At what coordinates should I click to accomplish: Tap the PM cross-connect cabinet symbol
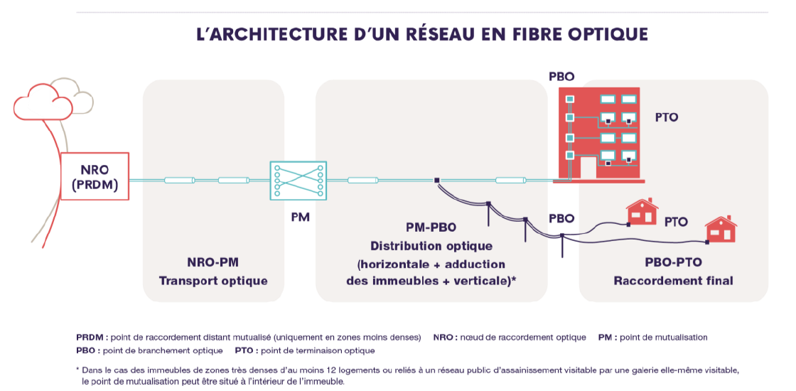[297, 181]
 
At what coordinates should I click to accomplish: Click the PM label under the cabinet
[301, 217]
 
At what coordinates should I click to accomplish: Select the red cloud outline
[43, 103]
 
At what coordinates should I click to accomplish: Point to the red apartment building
[601, 135]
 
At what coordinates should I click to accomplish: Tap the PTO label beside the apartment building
[667, 117]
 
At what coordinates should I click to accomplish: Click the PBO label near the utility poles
[561, 218]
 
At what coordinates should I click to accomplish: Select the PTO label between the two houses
[676, 222]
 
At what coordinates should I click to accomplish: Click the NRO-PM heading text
[213, 262]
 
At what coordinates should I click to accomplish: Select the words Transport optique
[213, 281]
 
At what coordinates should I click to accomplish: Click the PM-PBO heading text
[431, 227]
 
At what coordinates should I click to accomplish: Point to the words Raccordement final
[673, 281]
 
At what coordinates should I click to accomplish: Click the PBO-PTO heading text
[673, 262]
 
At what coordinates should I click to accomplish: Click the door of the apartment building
[588, 168]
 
